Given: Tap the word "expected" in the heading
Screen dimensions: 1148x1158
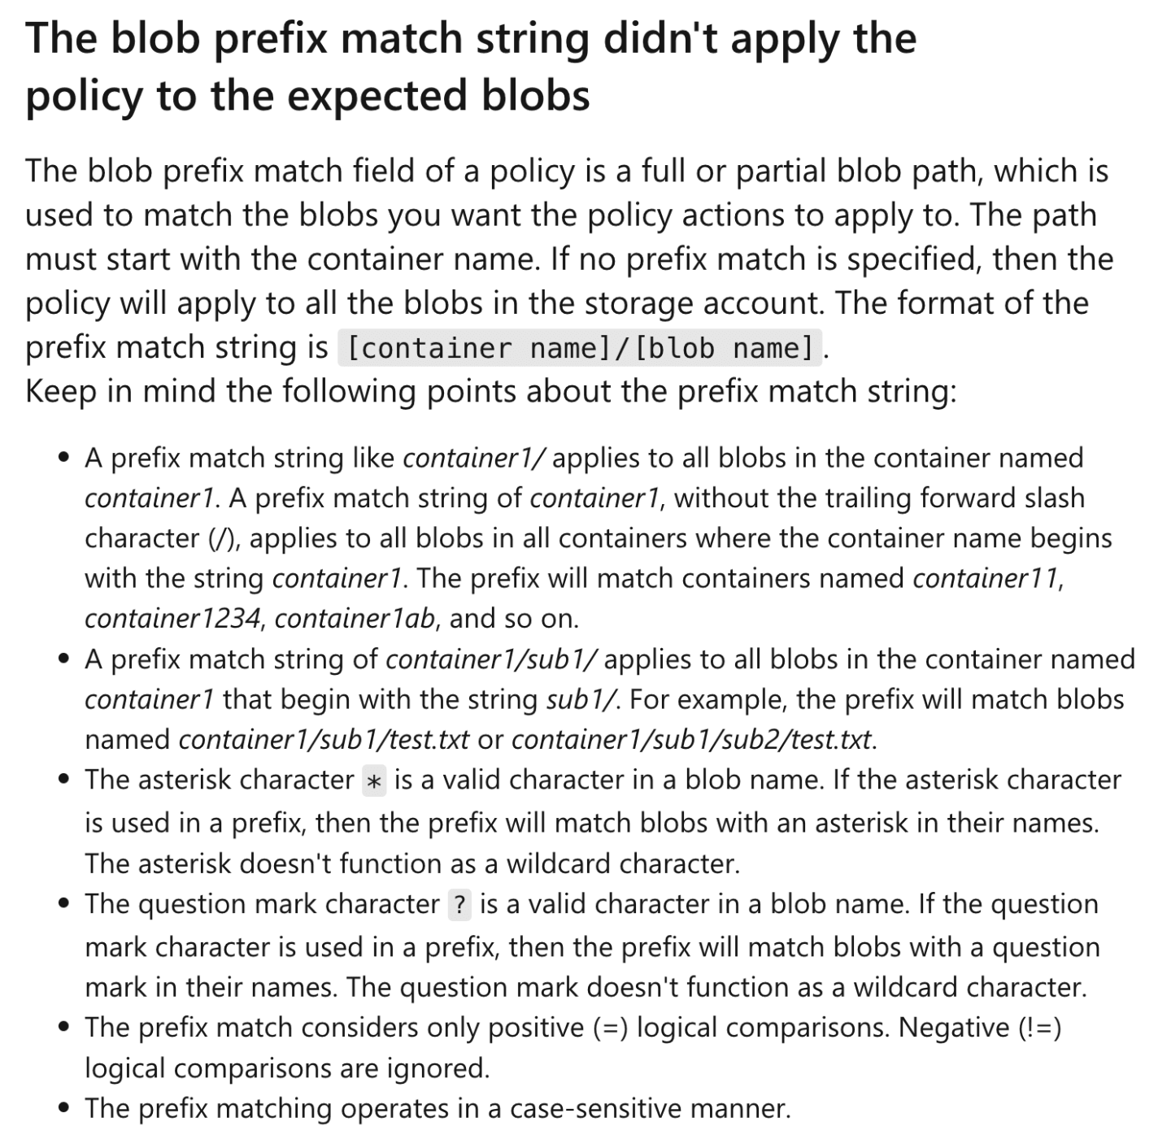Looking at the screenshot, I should point(378,96).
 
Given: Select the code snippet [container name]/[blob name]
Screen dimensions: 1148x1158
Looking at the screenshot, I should point(580,348).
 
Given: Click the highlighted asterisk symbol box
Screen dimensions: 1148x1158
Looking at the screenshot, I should point(374,781).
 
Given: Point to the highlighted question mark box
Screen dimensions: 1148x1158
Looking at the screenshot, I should point(459,905).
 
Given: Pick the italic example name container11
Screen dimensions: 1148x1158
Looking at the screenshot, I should point(986,578).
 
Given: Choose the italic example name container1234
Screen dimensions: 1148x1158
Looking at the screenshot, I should point(172,619).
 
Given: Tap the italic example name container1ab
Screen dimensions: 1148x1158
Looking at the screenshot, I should point(355,619).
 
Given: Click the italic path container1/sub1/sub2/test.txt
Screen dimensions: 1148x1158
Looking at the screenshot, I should point(692,740).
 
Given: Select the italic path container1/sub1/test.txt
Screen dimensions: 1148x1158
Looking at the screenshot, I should point(324,740).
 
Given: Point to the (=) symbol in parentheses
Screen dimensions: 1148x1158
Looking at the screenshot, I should point(609,1028).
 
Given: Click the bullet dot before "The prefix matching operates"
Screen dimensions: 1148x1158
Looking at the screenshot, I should point(64,1108).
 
